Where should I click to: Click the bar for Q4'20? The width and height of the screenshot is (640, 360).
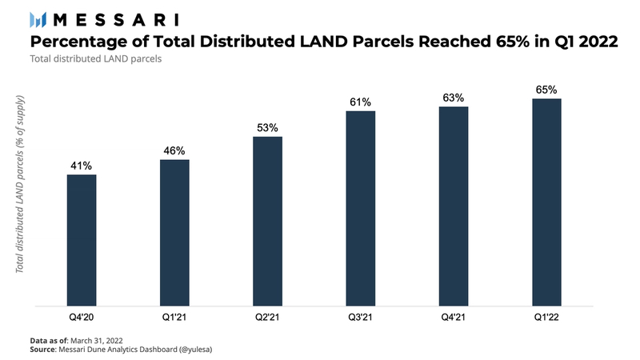click(x=82, y=240)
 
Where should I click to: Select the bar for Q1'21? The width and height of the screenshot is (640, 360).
click(x=174, y=233)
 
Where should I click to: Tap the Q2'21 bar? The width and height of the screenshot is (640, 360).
click(x=267, y=221)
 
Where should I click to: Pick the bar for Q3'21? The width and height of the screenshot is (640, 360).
click(x=361, y=208)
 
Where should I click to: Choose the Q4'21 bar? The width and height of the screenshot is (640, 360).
click(x=454, y=206)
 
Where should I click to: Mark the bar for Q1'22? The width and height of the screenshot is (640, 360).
click(x=546, y=202)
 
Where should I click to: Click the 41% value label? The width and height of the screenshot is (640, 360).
click(x=82, y=165)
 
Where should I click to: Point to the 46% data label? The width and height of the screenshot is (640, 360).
click(x=174, y=150)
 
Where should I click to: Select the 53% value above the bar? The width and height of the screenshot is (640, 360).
click(x=267, y=127)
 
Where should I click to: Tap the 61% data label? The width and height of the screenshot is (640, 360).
click(x=361, y=102)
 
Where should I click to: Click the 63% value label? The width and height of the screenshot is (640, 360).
click(x=454, y=98)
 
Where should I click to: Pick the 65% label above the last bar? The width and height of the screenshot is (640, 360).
click(x=546, y=90)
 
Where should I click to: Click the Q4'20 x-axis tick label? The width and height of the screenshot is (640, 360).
click(x=82, y=318)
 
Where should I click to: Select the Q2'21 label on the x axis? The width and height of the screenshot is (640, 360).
click(x=267, y=318)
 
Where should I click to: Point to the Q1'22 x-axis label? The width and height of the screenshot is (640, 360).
click(x=546, y=318)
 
